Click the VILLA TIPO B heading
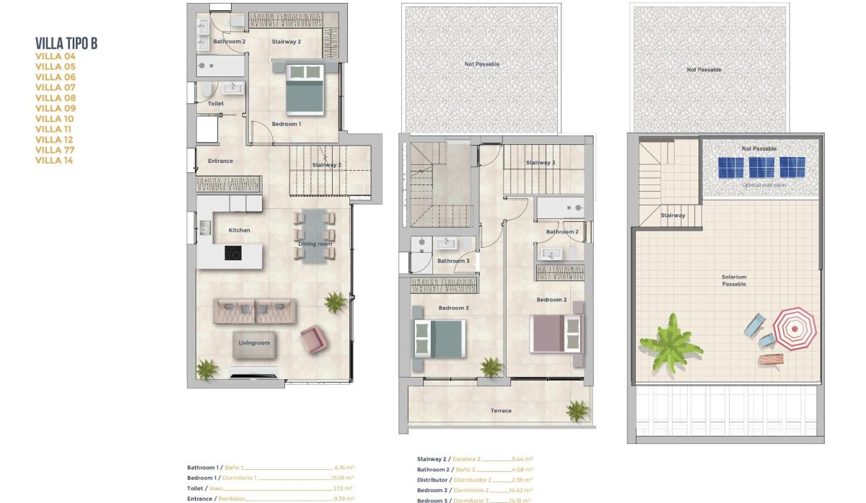point(66,44)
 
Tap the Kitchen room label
point(240,230)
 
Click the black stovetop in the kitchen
point(232,253)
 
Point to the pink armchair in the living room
point(313,339)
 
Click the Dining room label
point(315,244)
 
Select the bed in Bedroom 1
point(305,89)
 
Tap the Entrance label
point(220,161)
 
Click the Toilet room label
point(215,104)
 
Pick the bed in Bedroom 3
point(439,339)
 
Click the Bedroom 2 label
point(551,299)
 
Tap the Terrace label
point(501,411)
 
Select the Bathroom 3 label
point(453,261)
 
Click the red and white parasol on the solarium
point(795,329)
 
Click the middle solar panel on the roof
point(761,167)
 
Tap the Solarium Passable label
point(734,280)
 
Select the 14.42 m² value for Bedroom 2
point(522,490)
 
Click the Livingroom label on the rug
point(254,343)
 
